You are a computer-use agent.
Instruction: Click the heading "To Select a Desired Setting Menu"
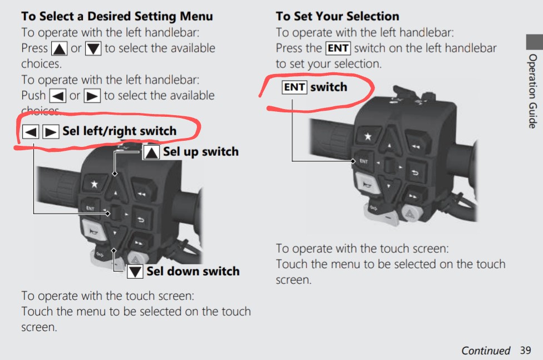click(117, 17)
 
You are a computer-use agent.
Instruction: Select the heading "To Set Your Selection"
click(337, 17)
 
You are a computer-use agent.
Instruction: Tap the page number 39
click(525, 351)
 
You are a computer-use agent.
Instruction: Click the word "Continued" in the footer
click(485, 351)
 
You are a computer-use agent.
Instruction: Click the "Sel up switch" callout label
click(200, 152)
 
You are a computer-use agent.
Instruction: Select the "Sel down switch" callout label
click(192, 272)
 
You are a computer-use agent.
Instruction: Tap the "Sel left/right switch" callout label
click(119, 131)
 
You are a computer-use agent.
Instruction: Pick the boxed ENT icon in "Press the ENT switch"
click(338, 48)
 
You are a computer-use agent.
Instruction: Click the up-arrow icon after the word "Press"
click(60, 49)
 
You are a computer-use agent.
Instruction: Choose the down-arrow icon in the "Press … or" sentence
click(93, 49)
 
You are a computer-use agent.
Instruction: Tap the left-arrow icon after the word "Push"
click(58, 96)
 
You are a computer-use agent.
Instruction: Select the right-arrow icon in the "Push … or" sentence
click(92, 96)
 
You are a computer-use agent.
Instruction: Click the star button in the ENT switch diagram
click(367, 136)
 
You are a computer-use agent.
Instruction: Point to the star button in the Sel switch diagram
click(94, 184)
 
